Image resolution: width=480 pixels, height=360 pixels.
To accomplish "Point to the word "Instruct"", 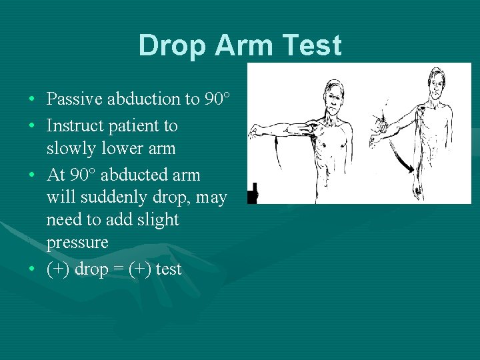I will click(x=72, y=125).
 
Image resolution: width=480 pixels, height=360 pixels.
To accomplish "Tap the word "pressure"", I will click(x=77, y=242).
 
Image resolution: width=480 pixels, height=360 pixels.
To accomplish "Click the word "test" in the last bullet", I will click(x=168, y=269).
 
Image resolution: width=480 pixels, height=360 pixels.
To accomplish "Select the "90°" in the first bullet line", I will click(x=217, y=99).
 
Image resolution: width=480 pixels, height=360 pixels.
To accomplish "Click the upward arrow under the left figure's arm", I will click(x=277, y=150).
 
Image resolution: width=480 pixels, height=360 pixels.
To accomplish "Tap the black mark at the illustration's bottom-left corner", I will click(x=252, y=195).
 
